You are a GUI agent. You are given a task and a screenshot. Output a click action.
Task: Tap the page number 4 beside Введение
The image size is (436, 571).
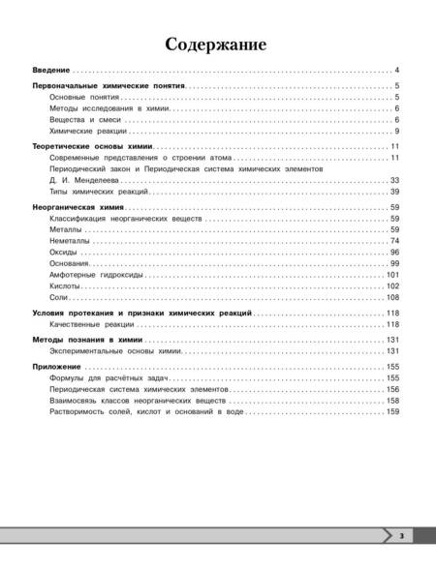point(397,72)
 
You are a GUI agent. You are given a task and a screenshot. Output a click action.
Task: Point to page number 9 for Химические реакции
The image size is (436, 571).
point(397,131)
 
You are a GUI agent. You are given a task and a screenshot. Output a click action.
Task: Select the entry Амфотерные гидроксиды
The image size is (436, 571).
point(94,276)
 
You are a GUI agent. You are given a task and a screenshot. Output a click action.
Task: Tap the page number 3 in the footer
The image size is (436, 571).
point(400,534)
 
